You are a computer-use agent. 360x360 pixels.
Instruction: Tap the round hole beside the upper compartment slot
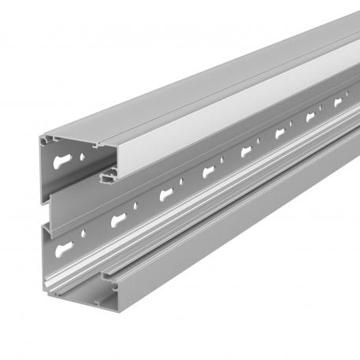[x=80, y=157]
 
